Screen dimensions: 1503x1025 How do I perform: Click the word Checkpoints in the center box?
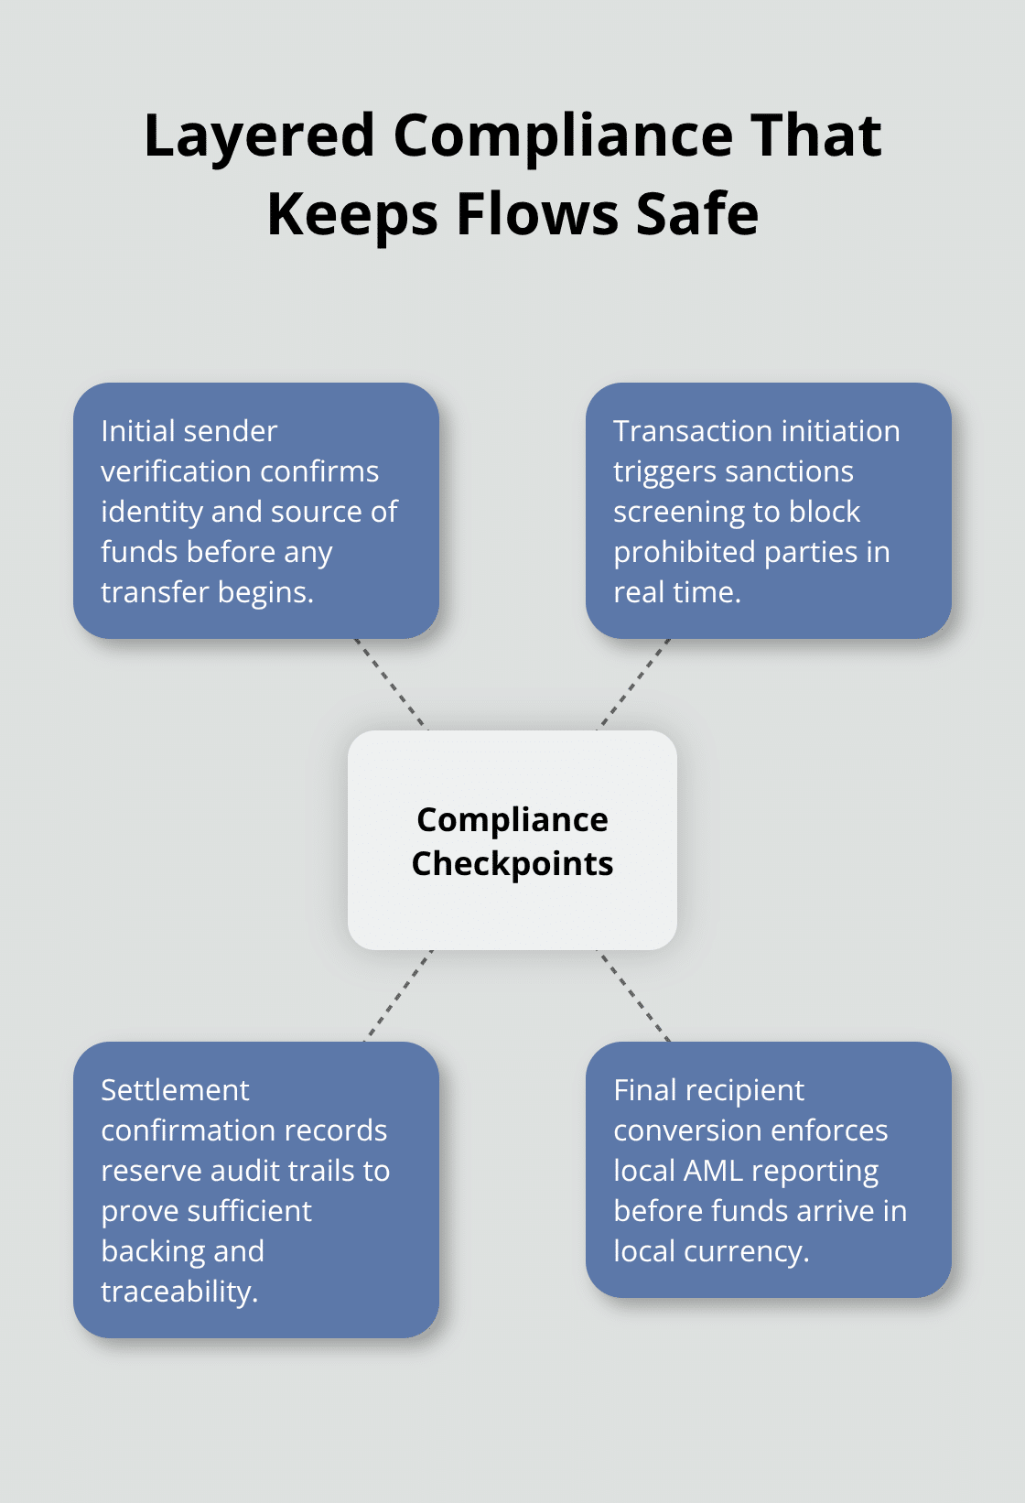pyautogui.click(x=512, y=864)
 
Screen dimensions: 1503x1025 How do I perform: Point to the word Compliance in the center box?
pyautogui.click(x=512, y=820)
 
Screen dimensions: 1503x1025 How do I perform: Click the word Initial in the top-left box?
pyautogui.click(x=138, y=431)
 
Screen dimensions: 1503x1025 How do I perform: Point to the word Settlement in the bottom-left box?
pyautogui.click(x=175, y=1090)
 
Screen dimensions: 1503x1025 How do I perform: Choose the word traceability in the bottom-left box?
pyautogui.click(x=179, y=1292)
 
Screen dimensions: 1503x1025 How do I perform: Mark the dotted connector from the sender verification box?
pyautogui.click(x=391, y=684)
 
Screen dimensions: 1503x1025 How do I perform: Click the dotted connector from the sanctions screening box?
pyautogui.click(x=634, y=684)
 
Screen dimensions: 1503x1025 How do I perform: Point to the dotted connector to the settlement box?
pyautogui.click(x=398, y=996)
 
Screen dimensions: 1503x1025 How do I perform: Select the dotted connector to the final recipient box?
pyautogui.click(x=633, y=996)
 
